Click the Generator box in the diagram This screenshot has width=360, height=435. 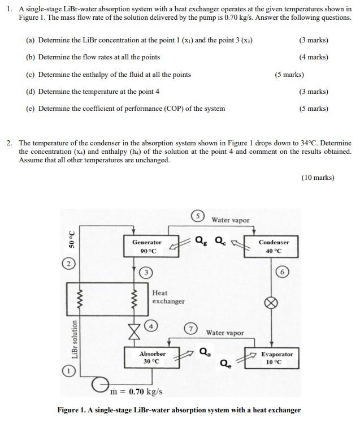[x=146, y=247]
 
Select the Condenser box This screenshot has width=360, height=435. [x=274, y=247]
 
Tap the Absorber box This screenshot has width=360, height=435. [x=153, y=358]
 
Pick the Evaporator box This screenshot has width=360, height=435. [x=277, y=358]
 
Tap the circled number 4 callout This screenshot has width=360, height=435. [x=153, y=326]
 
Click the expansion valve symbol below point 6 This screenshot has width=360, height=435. [x=272, y=303]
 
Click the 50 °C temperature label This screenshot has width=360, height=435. [x=72, y=239]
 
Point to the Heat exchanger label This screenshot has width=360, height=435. [x=168, y=297]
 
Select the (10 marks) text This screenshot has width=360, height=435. [x=318, y=178]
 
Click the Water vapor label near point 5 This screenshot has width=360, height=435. [x=230, y=220]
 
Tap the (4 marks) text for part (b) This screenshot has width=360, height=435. [x=314, y=57]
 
